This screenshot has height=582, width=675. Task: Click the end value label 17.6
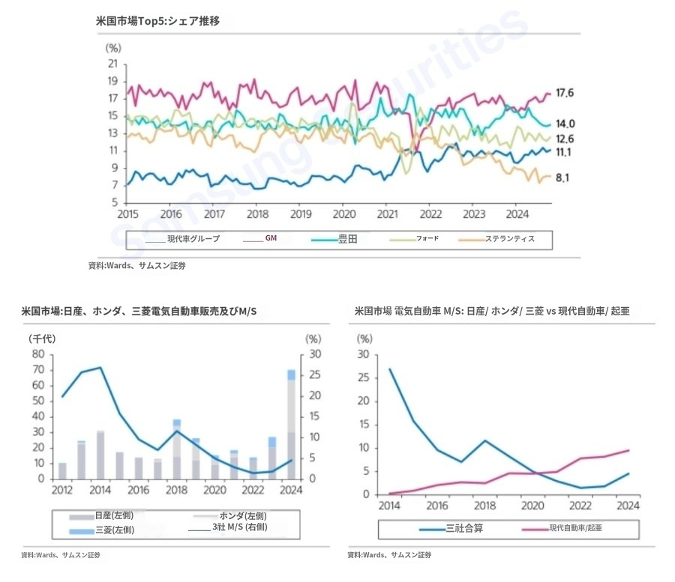pyautogui.click(x=564, y=93)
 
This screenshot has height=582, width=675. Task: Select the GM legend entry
pyautogui.click(x=271, y=239)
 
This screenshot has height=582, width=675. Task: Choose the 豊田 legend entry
pyautogui.click(x=348, y=239)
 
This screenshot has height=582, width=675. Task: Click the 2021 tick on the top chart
pyautogui.click(x=386, y=213)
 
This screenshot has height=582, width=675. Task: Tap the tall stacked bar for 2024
pyautogui.click(x=290, y=424)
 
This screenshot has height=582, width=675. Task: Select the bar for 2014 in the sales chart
pyautogui.click(x=100, y=455)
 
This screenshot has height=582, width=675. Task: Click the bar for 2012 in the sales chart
pyautogui.click(x=63, y=470)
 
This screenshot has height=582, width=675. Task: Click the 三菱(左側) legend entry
pyautogui.click(x=115, y=530)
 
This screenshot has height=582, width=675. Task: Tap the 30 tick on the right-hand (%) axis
pyautogui.click(x=316, y=354)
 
